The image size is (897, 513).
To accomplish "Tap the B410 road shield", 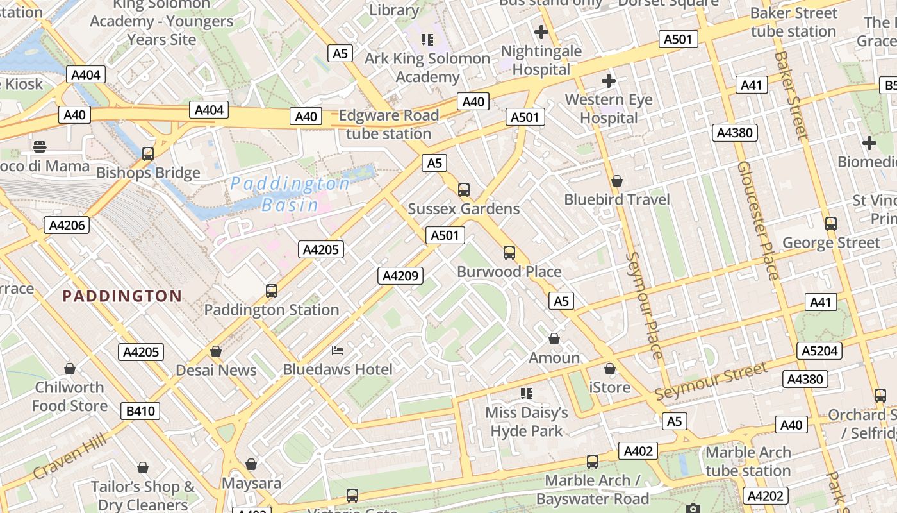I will point(140,410).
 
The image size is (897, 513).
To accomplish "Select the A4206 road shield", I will point(66,225).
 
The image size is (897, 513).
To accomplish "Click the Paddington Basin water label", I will point(290,194).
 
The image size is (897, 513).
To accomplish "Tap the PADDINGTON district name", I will point(122,296).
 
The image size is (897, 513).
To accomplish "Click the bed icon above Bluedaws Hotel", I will point(338,351).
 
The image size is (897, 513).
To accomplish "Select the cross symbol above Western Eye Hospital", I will point(608,81).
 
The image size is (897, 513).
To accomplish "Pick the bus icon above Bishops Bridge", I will point(148,154).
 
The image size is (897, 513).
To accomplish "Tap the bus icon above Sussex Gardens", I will point(464,190).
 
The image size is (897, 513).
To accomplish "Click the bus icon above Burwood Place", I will point(509,253).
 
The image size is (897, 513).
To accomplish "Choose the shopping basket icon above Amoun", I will point(554,339).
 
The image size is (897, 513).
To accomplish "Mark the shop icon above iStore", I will point(610,369).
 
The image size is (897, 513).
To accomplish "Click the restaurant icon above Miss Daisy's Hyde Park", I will point(527,393).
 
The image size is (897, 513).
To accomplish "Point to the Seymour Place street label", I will point(644,305).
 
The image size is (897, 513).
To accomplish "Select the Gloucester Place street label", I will point(758,220).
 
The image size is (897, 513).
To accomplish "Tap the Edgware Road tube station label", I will point(388,124).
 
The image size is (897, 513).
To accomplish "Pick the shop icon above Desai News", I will point(216,351).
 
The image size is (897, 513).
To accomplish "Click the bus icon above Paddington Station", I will point(272,291).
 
